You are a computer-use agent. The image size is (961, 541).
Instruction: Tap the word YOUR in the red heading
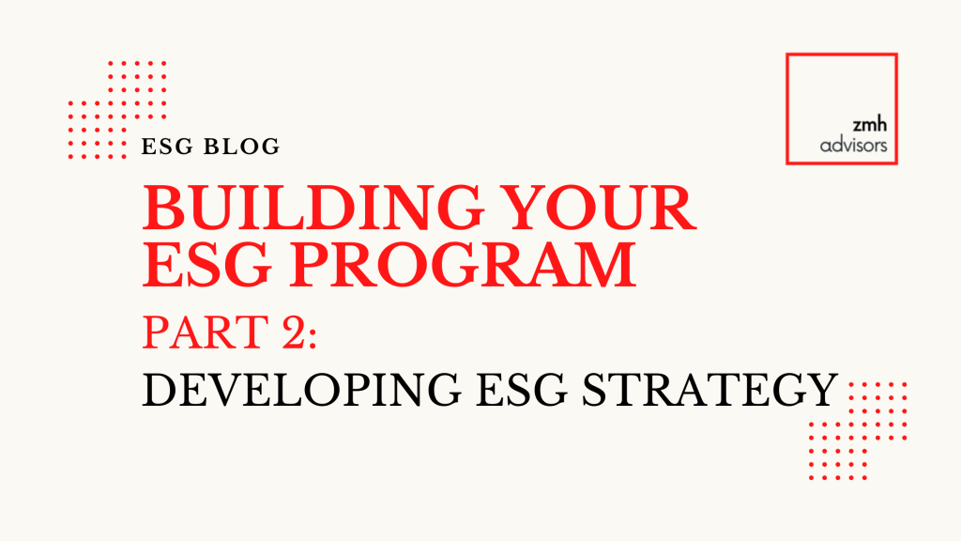[x=610, y=209]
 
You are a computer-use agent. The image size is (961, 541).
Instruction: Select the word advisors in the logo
[x=853, y=147]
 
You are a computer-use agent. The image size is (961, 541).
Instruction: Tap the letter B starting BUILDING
[x=161, y=209]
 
